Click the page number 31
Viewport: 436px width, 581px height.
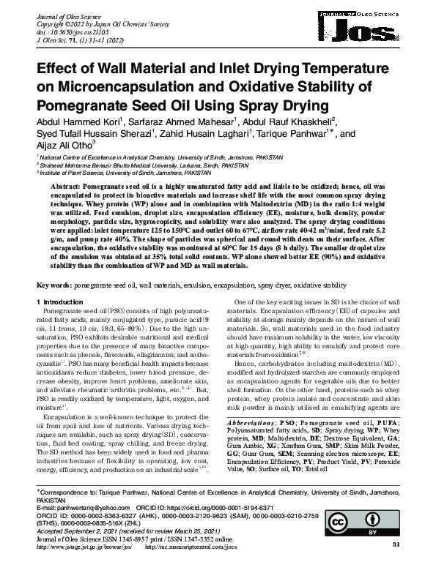[x=396, y=566]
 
